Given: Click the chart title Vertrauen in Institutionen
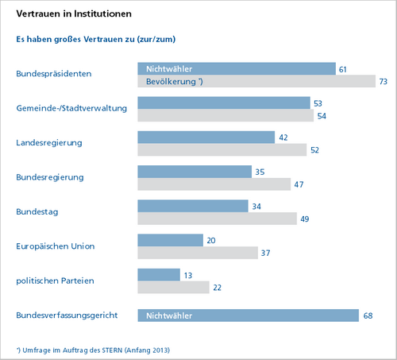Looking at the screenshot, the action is click(x=74, y=14).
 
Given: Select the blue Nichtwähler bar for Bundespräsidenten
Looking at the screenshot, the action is click(x=237, y=69).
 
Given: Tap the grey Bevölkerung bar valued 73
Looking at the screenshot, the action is click(x=256, y=81).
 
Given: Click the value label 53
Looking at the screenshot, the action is click(x=318, y=103).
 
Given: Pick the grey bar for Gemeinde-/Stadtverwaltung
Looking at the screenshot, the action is click(x=225, y=115).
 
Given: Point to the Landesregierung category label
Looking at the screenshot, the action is click(x=49, y=143).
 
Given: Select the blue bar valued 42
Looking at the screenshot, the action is click(x=206, y=137).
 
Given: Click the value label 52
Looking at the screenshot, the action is click(x=314, y=150).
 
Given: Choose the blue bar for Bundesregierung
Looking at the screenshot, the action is click(x=195, y=172).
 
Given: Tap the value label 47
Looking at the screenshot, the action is click(x=299, y=184).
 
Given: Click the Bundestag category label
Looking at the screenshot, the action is click(x=37, y=212).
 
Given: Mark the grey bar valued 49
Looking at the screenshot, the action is click(x=218, y=219).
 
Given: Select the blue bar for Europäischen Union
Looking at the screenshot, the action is click(x=171, y=240).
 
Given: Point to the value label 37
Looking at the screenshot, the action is click(x=265, y=253).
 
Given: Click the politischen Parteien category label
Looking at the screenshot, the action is click(x=55, y=281).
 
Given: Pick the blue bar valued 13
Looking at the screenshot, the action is click(x=159, y=275).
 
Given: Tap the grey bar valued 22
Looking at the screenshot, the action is click(x=173, y=287).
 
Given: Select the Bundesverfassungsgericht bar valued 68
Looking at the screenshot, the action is click(x=249, y=315).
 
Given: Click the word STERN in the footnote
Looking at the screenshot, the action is click(x=112, y=350).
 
